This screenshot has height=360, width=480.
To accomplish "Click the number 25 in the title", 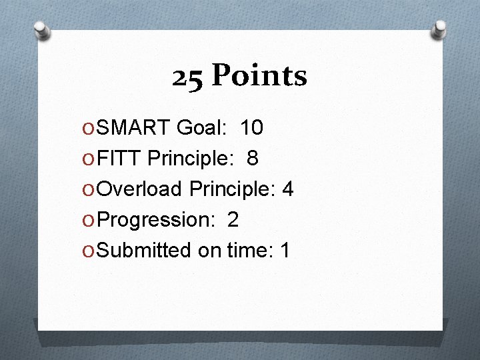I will point(189,77).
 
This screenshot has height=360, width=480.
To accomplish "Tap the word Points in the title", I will point(259,77).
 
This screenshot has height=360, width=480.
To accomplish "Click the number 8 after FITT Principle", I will point(253,159).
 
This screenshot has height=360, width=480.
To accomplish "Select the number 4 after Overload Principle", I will point(288,189).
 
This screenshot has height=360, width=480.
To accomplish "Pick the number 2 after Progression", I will point(233,220).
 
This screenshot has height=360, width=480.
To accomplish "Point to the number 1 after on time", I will point(285,251).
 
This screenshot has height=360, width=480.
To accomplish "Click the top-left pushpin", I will point(41,29).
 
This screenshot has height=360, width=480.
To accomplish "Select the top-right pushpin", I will point(439,28).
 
